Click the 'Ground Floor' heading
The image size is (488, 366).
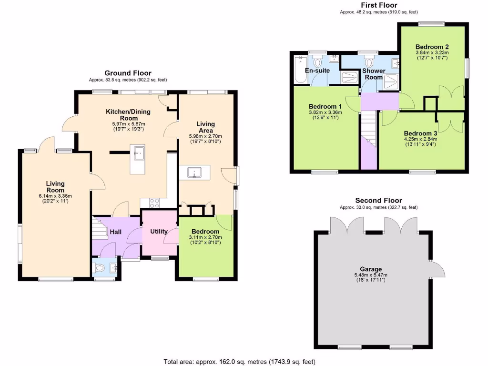[128, 73]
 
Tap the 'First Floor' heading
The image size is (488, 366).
[379, 5]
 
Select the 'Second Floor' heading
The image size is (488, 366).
[379, 201]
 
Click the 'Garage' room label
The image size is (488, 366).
[371, 269]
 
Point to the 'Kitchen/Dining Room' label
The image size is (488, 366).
[128, 115]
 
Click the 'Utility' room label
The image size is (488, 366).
[159, 231]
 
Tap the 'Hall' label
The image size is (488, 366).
[116, 232]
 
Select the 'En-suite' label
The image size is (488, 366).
[317, 71]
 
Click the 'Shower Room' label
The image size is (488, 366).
[373, 74]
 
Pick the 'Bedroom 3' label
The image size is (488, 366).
[420, 133]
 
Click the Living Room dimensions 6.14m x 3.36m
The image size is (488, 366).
[55, 195]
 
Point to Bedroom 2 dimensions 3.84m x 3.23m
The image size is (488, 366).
[432, 53]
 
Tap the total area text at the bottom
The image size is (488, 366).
[239, 362]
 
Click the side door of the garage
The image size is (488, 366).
[437, 269]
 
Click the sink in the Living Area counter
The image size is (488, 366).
[194, 173]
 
